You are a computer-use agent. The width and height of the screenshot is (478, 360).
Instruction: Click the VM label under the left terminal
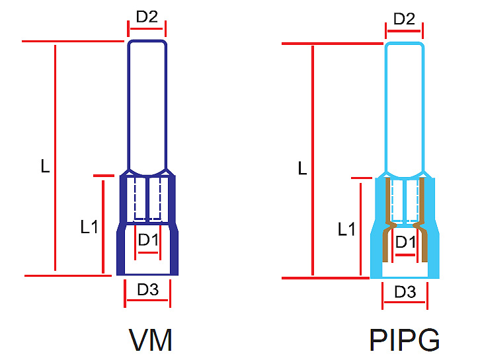pyautogui.click(x=151, y=340)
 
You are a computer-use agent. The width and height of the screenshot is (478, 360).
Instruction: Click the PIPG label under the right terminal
pyautogui.click(x=405, y=340)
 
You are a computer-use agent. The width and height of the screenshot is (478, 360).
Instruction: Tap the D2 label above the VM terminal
pyautogui.click(x=147, y=17)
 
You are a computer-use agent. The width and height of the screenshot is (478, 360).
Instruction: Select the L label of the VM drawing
pyautogui.click(x=44, y=166)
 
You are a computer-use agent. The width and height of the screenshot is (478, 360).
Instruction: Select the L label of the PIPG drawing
pyautogui.click(x=302, y=168)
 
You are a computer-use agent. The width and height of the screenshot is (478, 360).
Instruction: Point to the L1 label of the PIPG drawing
pyautogui.click(x=346, y=230)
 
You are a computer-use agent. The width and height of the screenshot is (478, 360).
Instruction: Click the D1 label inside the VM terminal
pyautogui.click(x=148, y=240)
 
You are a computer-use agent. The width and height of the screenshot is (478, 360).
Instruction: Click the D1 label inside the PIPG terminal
pyautogui.click(x=405, y=242)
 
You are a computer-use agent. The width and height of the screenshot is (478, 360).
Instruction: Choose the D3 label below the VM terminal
pyautogui.click(x=147, y=289)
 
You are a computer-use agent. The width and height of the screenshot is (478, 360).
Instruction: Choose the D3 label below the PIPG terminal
pyautogui.click(x=405, y=291)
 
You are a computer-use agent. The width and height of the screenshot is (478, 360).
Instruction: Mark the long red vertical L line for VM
pyautogui.click(x=56, y=159)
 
